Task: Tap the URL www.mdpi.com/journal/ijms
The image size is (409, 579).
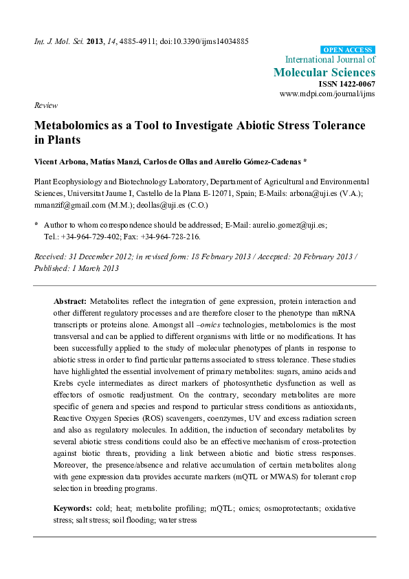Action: point(327,94)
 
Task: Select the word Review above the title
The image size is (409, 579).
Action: point(45,105)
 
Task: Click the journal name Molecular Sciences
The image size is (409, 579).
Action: point(324,72)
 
